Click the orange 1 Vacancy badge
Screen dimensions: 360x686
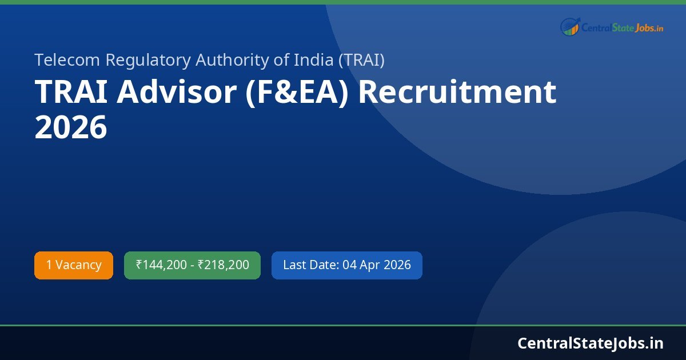pos(74,265)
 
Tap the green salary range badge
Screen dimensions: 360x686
pos(192,265)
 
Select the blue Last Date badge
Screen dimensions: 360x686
pos(346,265)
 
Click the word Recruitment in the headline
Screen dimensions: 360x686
pos(457,93)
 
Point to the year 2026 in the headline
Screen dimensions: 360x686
pos(71,127)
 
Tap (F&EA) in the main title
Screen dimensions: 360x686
pos(296,93)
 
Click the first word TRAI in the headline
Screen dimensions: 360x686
pos(71,93)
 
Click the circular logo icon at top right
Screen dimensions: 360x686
pos(570,27)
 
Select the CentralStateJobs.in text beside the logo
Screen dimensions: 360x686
pos(622,27)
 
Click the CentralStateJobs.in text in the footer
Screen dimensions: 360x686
pos(591,343)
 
